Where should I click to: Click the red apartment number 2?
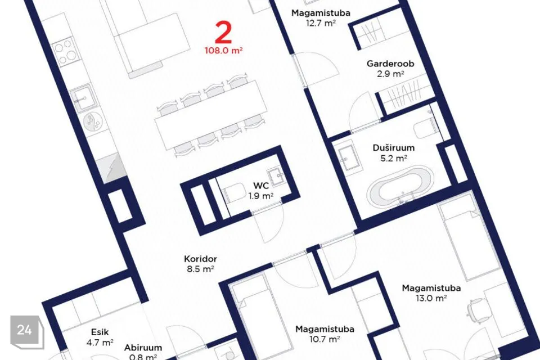click(223, 33)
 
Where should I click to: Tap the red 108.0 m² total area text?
click(223, 51)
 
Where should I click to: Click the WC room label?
click(260, 186)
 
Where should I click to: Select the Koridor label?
click(200, 259)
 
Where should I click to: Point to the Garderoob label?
click(390, 64)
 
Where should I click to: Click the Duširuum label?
click(393, 148)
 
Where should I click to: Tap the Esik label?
click(100, 332)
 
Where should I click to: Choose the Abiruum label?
click(143, 348)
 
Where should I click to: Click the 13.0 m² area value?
click(431, 298)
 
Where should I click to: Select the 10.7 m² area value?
click(325, 339)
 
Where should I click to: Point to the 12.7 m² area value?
click(321, 23)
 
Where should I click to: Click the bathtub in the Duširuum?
click(400, 186)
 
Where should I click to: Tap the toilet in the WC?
click(233, 193)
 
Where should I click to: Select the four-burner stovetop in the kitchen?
click(66, 52)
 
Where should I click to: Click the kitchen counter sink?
click(83, 98)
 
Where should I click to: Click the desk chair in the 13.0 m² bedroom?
click(478, 312)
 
